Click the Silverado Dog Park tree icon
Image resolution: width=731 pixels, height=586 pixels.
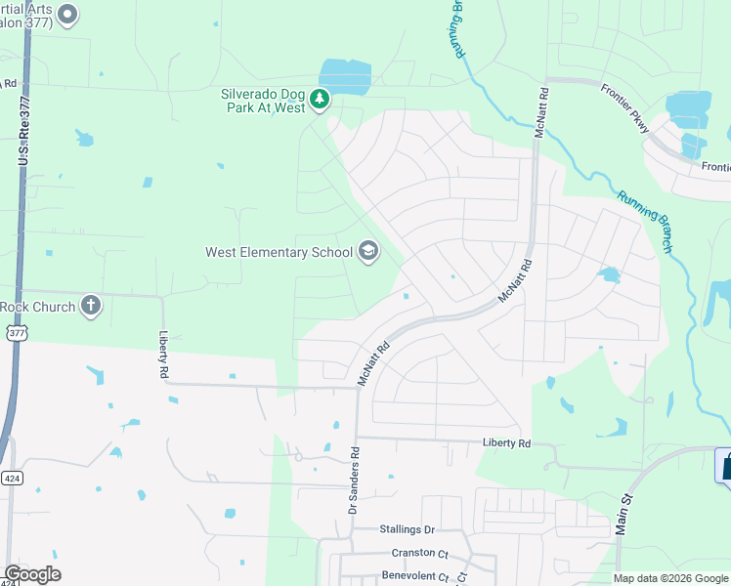320,99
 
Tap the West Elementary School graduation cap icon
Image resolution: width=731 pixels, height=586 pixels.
368,252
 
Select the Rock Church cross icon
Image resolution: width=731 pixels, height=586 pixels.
91,306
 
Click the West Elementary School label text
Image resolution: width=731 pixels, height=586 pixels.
279,252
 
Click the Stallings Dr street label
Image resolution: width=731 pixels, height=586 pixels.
407,529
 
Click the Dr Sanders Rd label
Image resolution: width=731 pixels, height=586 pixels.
355,481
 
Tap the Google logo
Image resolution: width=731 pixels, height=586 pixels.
32,574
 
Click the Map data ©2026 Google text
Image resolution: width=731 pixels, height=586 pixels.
669,578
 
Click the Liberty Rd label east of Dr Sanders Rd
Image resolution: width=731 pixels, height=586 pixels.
506,443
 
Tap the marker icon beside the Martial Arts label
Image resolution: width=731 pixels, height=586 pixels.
67,14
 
